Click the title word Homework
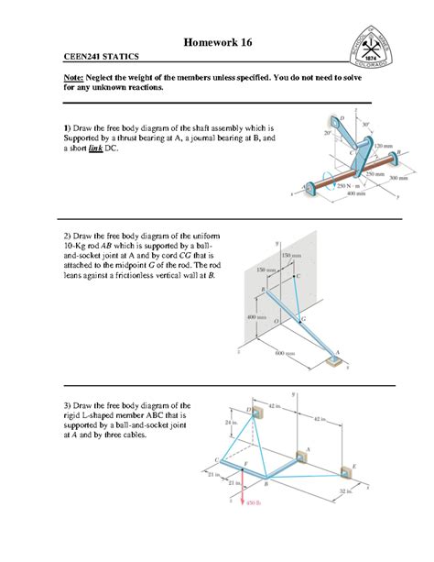tap(203, 43)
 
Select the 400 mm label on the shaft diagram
tap(343, 195)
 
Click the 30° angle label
tap(366, 126)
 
